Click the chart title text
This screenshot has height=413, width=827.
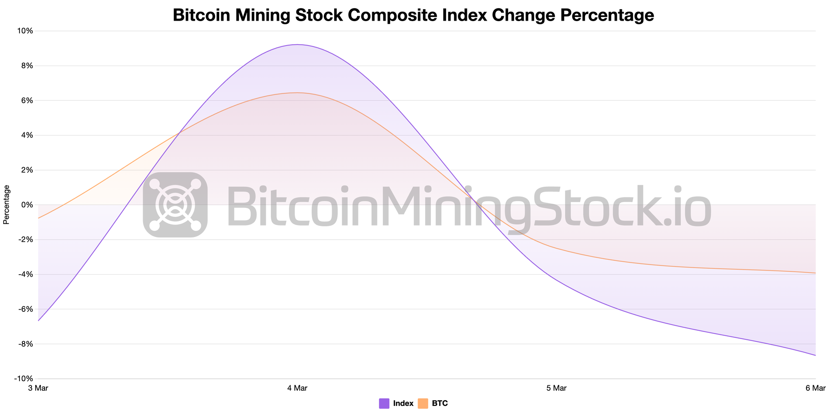coord(413,15)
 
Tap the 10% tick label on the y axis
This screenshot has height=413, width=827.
coord(24,31)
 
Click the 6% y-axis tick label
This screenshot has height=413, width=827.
coord(26,100)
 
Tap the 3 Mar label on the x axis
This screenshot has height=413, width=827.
coord(38,388)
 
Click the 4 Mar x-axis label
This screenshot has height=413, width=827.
coord(297,388)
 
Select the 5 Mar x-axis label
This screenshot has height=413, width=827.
coord(556,388)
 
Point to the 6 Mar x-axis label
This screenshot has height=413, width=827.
coord(815,388)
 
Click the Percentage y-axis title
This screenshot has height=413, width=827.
coord(6,205)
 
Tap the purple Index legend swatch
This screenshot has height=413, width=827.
coord(384,404)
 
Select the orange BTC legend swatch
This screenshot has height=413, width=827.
coord(423,404)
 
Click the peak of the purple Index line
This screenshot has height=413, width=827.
coord(297,45)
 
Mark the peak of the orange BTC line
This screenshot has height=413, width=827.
coord(298,93)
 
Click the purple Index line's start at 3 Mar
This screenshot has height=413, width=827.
coord(38,320)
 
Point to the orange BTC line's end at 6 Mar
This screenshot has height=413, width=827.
coord(815,273)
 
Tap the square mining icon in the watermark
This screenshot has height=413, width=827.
coord(175,205)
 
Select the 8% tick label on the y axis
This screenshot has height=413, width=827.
coord(26,66)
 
